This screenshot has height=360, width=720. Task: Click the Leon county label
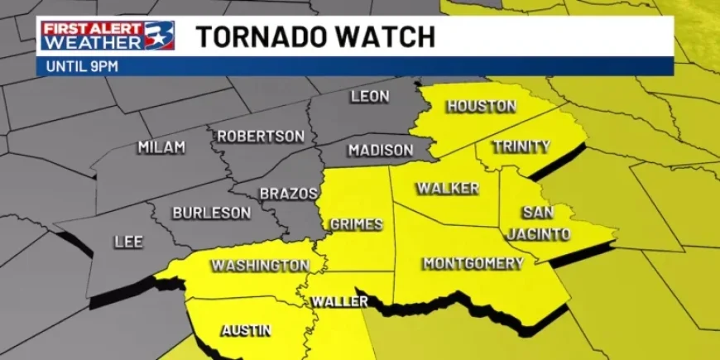point(370,97)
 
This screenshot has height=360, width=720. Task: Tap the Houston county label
point(481,106)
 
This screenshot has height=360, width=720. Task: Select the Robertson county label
point(262,137)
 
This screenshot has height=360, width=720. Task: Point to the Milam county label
point(161,147)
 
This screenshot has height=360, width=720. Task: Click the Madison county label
point(380,151)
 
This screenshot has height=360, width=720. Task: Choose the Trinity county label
point(521,146)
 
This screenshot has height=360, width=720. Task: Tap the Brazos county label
point(289,194)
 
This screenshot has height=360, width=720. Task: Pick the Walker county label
point(448,189)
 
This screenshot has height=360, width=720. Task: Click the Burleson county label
point(211,213)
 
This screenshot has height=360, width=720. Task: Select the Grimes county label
point(356,224)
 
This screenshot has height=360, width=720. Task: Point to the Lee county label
point(128,242)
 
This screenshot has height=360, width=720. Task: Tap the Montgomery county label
point(473,263)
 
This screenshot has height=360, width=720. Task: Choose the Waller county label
point(339,302)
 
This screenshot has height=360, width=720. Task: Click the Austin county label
point(246,330)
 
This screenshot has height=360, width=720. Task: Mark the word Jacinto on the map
point(539,234)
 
